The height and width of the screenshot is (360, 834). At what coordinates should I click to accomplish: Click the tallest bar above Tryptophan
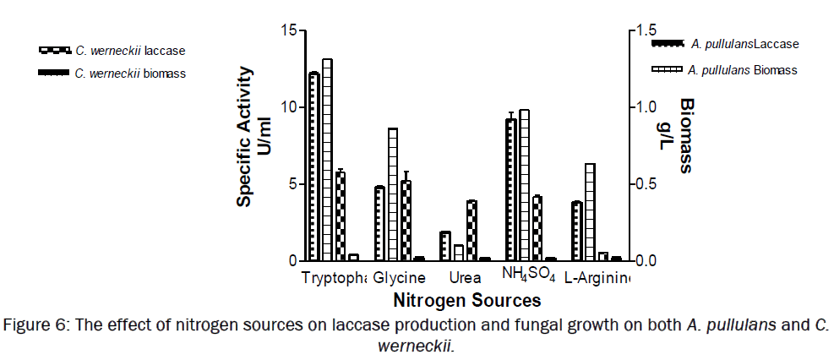pyautogui.click(x=327, y=161)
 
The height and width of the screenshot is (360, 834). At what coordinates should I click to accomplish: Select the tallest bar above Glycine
pyautogui.click(x=393, y=195)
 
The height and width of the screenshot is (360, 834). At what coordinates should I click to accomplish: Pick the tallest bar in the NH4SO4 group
pyautogui.click(x=524, y=185)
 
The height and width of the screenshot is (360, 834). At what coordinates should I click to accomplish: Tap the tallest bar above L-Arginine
pyautogui.click(x=590, y=212)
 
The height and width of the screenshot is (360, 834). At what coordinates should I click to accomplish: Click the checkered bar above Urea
pyautogui.click(x=472, y=231)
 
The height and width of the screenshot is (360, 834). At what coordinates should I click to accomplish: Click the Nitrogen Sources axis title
pyautogui.click(x=466, y=300)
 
